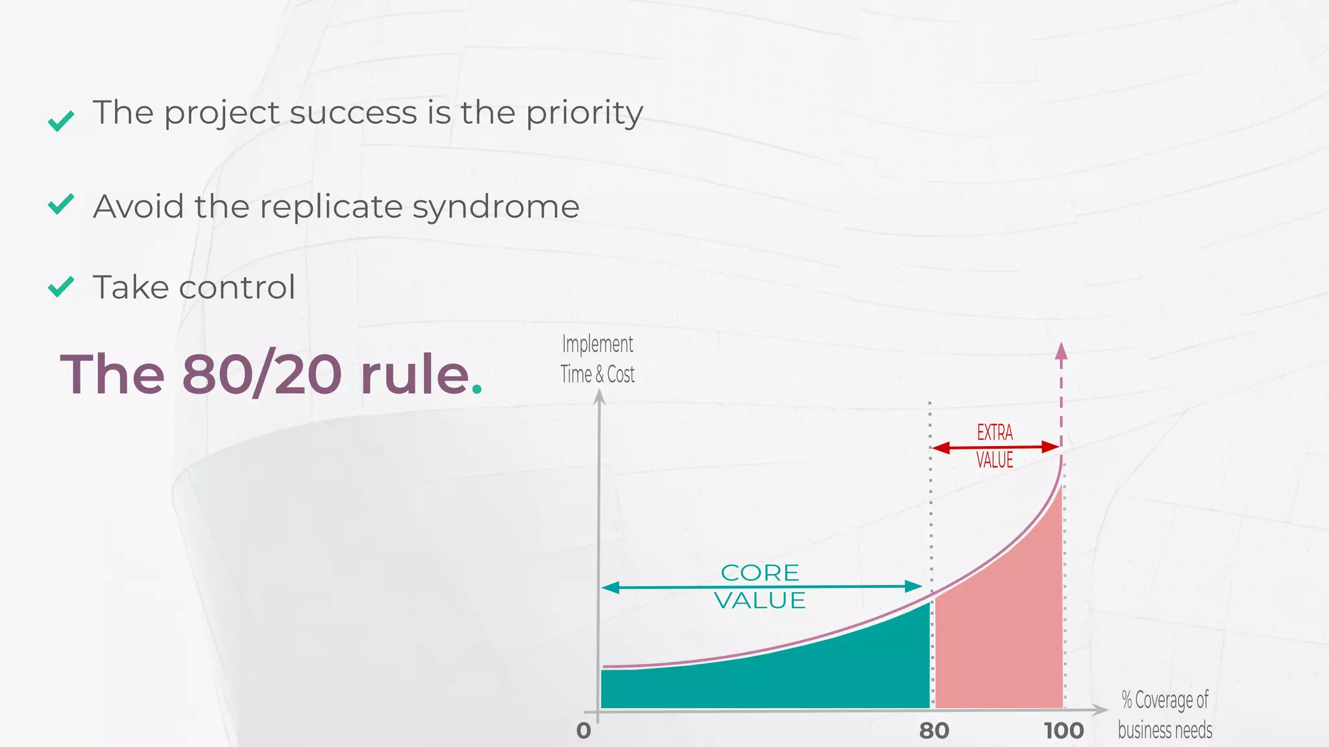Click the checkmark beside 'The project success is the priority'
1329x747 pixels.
(62, 121)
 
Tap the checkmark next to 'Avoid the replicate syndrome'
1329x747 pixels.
(62, 204)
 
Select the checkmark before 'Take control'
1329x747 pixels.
(62, 287)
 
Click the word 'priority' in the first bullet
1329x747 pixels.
(584, 114)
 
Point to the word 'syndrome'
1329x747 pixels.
(496, 207)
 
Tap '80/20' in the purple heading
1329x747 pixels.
(262, 375)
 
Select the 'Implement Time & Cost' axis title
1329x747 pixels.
(598, 359)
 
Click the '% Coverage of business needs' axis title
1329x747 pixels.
(1165, 715)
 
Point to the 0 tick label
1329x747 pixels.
(584, 731)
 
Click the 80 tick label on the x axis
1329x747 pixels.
(934, 731)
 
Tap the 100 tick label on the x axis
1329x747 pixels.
(1064, 731)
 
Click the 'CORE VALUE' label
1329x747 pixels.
(760, 586)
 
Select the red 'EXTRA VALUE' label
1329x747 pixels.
(995, 446)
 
